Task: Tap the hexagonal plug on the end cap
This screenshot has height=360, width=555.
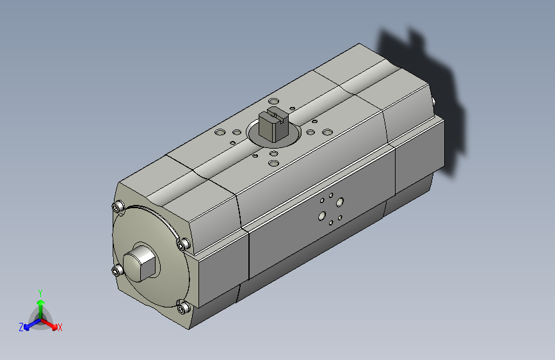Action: click(x=140, y=264)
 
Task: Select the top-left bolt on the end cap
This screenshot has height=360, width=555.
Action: click(x=118, y=207)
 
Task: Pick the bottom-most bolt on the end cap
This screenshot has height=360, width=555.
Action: click(x=183, y=308)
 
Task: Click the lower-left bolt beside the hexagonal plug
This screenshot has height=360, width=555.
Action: click(x=118, y=271)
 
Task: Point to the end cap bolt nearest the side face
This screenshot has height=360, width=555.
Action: click(x=183, y=245)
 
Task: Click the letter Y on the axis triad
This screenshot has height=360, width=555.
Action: click(x=40, y=293)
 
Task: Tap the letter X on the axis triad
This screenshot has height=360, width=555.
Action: click(x=60, y=327)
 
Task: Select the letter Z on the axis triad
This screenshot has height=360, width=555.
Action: click(x=21, y=327)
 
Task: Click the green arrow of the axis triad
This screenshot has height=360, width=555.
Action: click(x=41, y=309)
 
